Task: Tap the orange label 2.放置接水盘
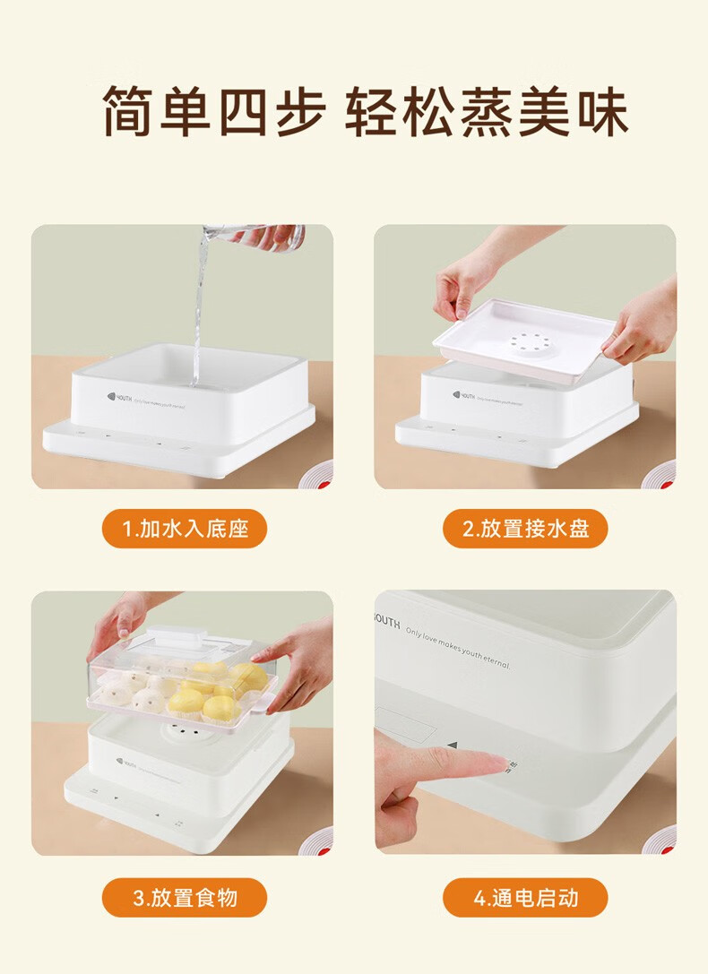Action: click(x=525, y=529)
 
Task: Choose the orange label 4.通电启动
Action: click(x=525, y=897)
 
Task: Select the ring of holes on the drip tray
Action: click(x=524, y=341)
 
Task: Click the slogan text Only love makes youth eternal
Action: click(x=457, y=647)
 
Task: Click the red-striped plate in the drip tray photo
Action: click(x=661, y=475)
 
